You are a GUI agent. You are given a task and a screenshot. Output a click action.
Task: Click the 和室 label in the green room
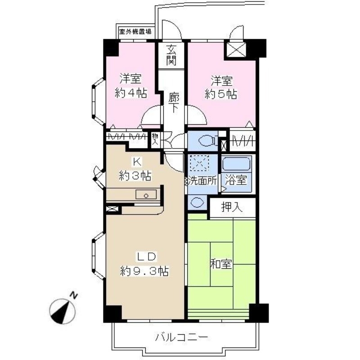click(221, 264)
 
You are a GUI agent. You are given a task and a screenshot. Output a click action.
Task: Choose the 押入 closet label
click(232, 207)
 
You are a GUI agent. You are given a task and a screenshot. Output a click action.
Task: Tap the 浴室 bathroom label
click(236, 180)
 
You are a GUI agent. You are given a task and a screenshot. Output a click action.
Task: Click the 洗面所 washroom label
click(202, 180)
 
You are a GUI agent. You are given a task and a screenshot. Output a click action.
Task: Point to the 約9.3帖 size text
click(144, 271)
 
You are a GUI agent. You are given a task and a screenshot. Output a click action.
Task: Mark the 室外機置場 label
click(135, 32)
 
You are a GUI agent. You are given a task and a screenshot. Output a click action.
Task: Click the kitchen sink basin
click(145, 195)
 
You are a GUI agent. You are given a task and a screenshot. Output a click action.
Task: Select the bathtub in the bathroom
click(236, 164)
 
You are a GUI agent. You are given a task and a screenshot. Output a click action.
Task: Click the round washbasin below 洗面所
click(197, 202)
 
